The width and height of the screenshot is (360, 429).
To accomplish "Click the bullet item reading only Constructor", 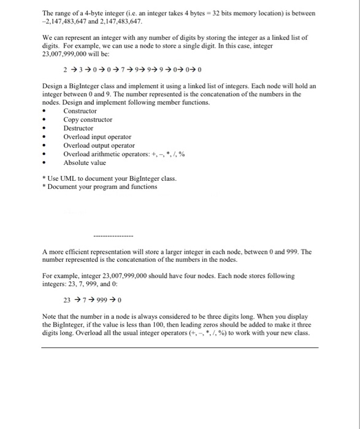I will tap(80, 111).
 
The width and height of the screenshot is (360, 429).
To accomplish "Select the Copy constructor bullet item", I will tap(88, 120).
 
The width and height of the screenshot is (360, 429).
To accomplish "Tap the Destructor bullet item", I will tap(79, 128).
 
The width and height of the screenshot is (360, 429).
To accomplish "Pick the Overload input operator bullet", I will tap(97, 137).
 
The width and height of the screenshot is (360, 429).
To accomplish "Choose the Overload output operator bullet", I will tap(99, 145).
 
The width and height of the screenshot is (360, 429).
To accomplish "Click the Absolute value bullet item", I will tap(84, 162).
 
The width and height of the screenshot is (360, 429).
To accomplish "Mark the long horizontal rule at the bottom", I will tap(180, 347).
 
